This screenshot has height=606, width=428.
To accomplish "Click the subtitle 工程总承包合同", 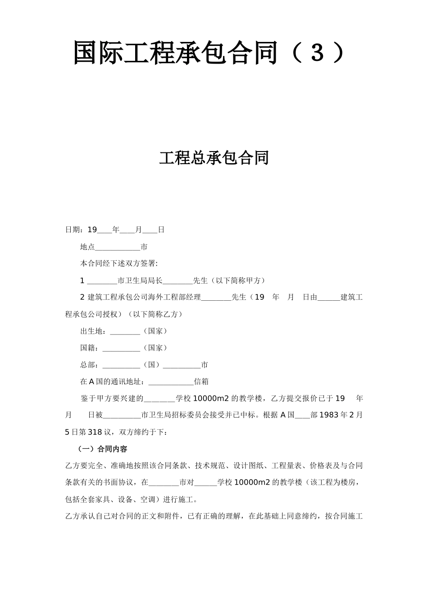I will (x=214, y=158).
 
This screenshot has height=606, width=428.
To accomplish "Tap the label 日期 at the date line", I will (x=73, y=230).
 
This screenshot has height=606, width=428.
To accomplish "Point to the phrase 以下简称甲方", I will (x=237, y=280).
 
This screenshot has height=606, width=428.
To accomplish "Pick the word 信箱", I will (x=201, y=381).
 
